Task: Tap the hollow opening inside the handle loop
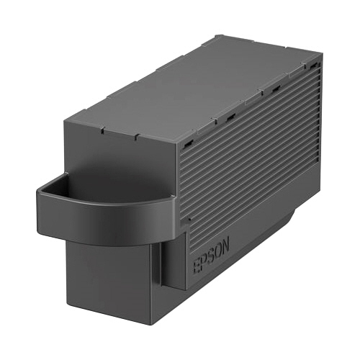(108, 184)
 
